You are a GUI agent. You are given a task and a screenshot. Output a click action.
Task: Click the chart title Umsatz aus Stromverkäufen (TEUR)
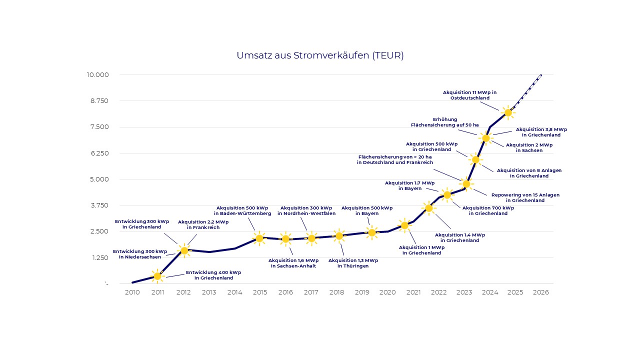click(320, 55)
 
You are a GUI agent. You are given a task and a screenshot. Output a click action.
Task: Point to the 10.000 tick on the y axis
click(97, 75)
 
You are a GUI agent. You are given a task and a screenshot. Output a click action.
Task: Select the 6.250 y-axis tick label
click(99, 153)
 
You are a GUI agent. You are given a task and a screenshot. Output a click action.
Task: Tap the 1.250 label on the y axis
click(99, 257)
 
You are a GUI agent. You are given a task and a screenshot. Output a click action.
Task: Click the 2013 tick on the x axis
click(209, 292)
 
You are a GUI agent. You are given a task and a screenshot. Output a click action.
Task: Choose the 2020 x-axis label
click(387, 292)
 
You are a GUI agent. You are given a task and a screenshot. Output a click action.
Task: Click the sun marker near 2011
click(157, 276)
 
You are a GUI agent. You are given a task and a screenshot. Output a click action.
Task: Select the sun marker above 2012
click(184, 250)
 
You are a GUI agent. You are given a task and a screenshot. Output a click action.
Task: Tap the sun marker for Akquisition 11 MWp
click(508, 112)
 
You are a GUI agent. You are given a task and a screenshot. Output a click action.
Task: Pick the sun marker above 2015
click(259, 238)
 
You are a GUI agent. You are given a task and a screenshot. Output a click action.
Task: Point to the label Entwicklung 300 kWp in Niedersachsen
click(140, 254)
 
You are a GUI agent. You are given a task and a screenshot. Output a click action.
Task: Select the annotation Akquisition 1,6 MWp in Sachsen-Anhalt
click(293, 263)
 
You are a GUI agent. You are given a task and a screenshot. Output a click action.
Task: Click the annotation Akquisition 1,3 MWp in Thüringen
click(353, 263)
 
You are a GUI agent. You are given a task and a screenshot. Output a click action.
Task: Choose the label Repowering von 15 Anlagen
click(525, 197)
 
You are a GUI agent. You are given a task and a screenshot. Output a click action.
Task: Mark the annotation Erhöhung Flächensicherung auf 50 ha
click(444, 122)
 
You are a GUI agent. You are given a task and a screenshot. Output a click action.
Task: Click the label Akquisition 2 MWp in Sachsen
click(529, 147)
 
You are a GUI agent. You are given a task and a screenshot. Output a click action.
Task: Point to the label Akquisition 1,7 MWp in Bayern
click(409, 185)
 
